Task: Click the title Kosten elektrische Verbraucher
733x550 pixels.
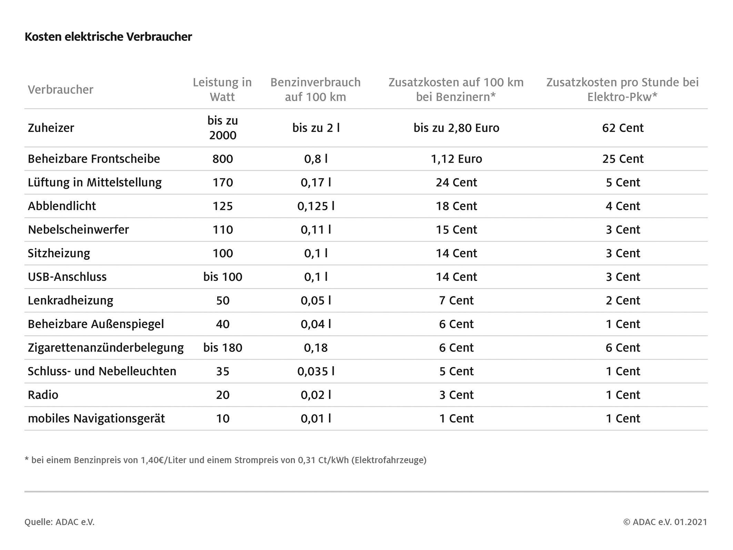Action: tap(108, 37)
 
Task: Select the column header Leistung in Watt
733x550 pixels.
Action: tap(222, 89)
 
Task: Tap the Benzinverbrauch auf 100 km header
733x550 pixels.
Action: tap(315, 89)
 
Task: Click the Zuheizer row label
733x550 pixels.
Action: tap(51, 128)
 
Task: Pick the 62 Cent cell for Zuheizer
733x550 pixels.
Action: tap(623, 128)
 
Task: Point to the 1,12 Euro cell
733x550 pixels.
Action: tap(456, 159)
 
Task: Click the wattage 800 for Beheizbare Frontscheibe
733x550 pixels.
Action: tap(223, 159)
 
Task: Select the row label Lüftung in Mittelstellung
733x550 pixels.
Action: tap(95, 182)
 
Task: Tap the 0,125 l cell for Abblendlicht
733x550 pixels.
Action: tap(316, 206)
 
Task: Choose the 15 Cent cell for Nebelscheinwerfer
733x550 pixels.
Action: tap(456, 230)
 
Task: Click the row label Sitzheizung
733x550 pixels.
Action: tap(59, 253)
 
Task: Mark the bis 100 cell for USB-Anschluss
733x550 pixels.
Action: tap(223, 277)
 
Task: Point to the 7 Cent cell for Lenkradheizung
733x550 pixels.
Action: tap(456, 301)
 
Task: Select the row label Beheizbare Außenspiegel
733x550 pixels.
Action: tap(96, 324)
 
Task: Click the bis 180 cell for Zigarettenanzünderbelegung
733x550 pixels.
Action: tap(223, 348)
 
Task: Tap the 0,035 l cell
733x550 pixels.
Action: tap(316, 371)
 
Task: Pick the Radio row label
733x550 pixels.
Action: tap(43, 395)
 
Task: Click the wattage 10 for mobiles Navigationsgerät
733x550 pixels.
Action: tap(223, 418)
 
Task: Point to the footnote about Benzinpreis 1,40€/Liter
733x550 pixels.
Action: tap(225, 460)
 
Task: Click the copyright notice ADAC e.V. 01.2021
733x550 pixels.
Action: tap(665, 522)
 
